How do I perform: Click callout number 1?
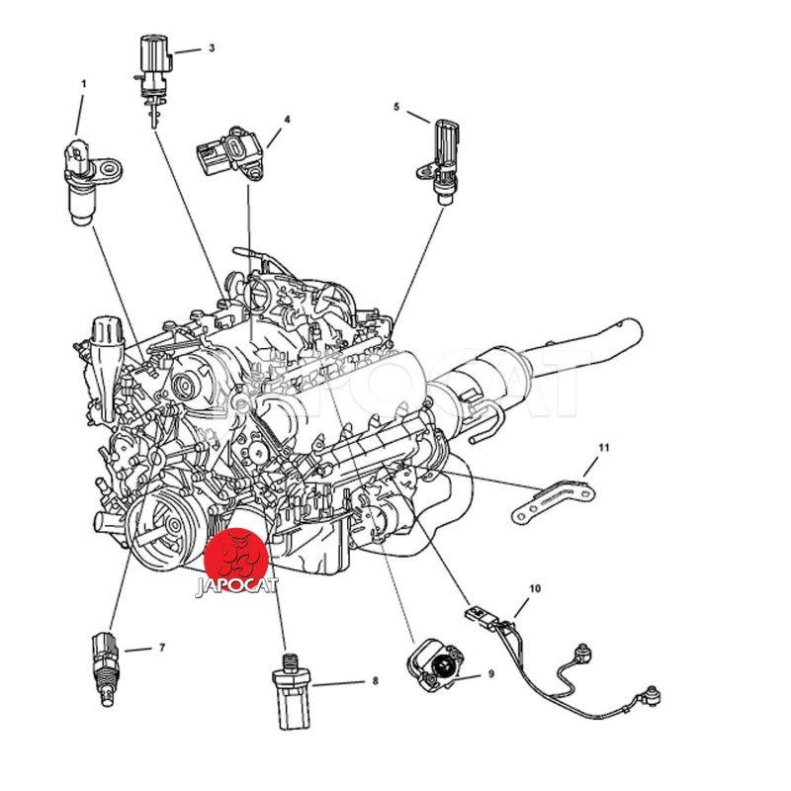click(x=84, y=84)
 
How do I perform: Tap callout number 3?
click(x=212, y=47)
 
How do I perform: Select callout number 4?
click(x=287, y=120)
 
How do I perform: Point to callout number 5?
click(x=396, y=107)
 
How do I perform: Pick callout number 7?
click(x=162, y=648)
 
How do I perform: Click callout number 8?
click(x=375, y=681)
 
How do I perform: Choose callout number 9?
click(x=490, y=673)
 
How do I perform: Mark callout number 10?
click(x=535, y=588)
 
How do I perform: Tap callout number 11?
click(x=604, y=448)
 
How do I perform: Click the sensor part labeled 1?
click(x=86, y=182)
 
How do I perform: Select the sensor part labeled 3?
click(x=153, y=76)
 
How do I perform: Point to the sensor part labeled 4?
click(x=230, y=152)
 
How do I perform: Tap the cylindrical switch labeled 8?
click(x=291, y=691)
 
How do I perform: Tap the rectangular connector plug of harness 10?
click(x=478, y=616)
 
